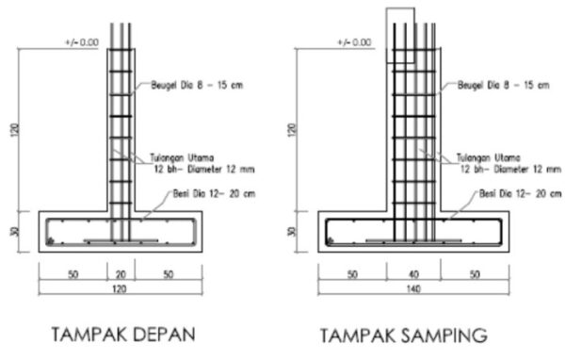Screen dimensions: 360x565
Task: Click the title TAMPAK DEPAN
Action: coord(124,335)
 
